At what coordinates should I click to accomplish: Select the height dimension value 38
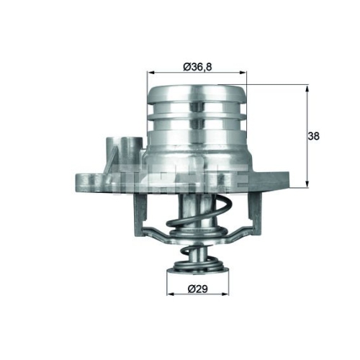click(x=313, y=136)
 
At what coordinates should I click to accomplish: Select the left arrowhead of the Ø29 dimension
click(x=170, y=295)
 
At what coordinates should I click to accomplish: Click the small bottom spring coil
click(x=195, y=256)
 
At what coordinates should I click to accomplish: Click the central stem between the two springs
click(x=195, y=238)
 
